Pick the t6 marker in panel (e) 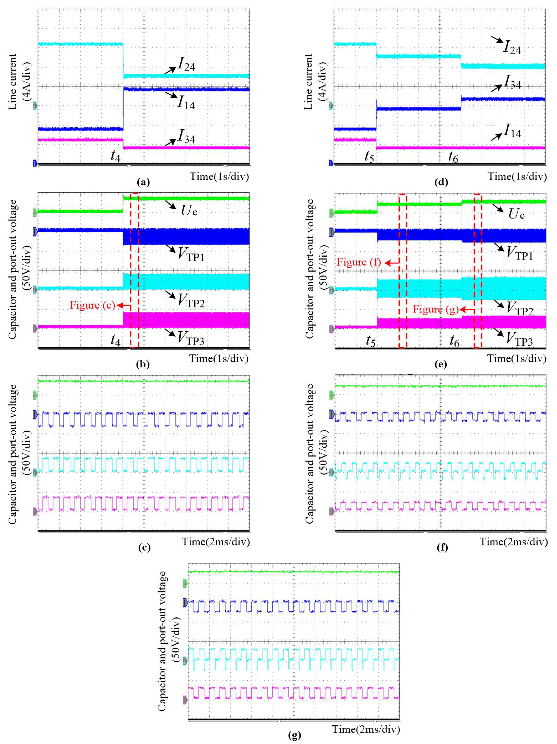click(454, 341)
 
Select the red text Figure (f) click(359, 262)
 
